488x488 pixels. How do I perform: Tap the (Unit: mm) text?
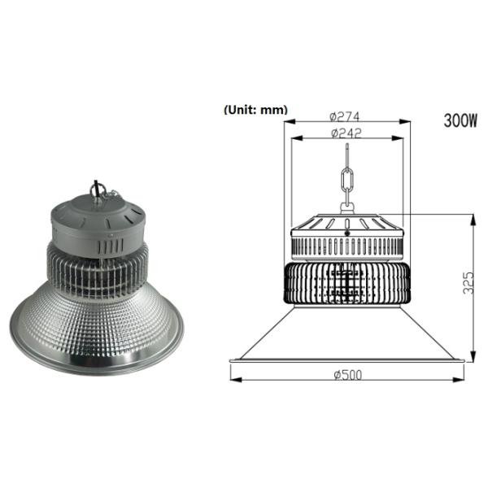click(254, 109)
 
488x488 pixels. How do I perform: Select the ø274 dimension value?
click(346, 115)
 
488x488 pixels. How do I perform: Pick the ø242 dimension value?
click(346, 132)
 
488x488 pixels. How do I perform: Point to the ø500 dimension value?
click(347, 374)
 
